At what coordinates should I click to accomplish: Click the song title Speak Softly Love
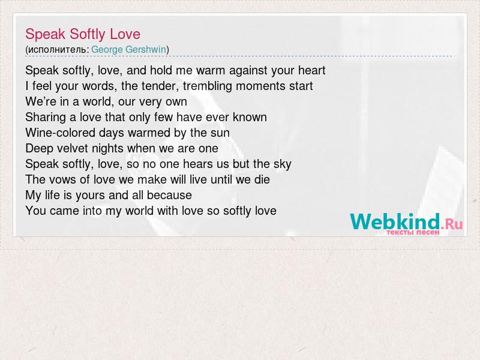click(83, 34)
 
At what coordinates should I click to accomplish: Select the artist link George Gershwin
click(128, 50)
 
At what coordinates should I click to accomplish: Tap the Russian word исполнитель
click(57, 50)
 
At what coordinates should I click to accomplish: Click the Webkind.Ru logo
click(406, 221)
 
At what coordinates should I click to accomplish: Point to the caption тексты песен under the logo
click(413, 232)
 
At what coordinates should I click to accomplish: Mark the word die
click(262, 179)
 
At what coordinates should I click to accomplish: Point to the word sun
click(220, 133)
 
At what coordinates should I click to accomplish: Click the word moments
click(261, 86)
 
